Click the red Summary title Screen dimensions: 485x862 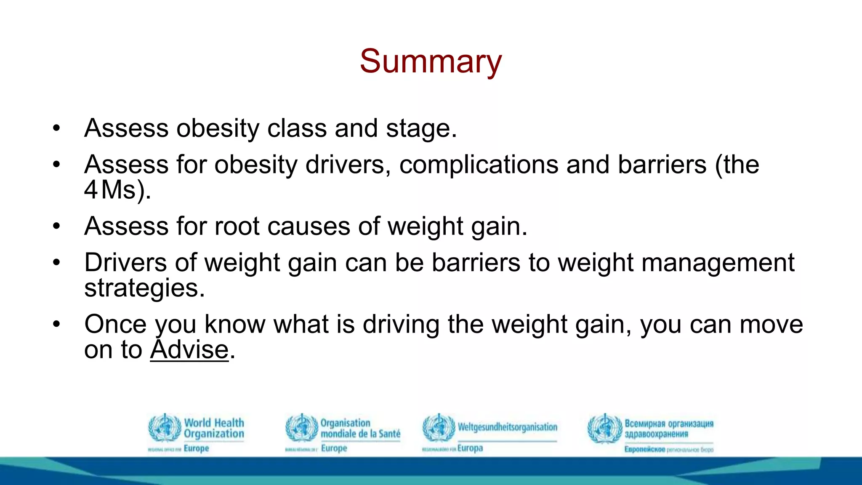pos(431,61)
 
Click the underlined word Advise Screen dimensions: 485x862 pos(189,350)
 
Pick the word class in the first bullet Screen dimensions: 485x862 pos(297,128)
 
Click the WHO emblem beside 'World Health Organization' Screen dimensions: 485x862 pos(165,428)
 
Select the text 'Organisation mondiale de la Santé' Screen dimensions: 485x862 pos(360,428)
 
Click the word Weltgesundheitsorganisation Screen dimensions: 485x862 pos(507,427)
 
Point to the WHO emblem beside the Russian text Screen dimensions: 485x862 pos(604,429)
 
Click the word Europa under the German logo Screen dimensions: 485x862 pos(470,448)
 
